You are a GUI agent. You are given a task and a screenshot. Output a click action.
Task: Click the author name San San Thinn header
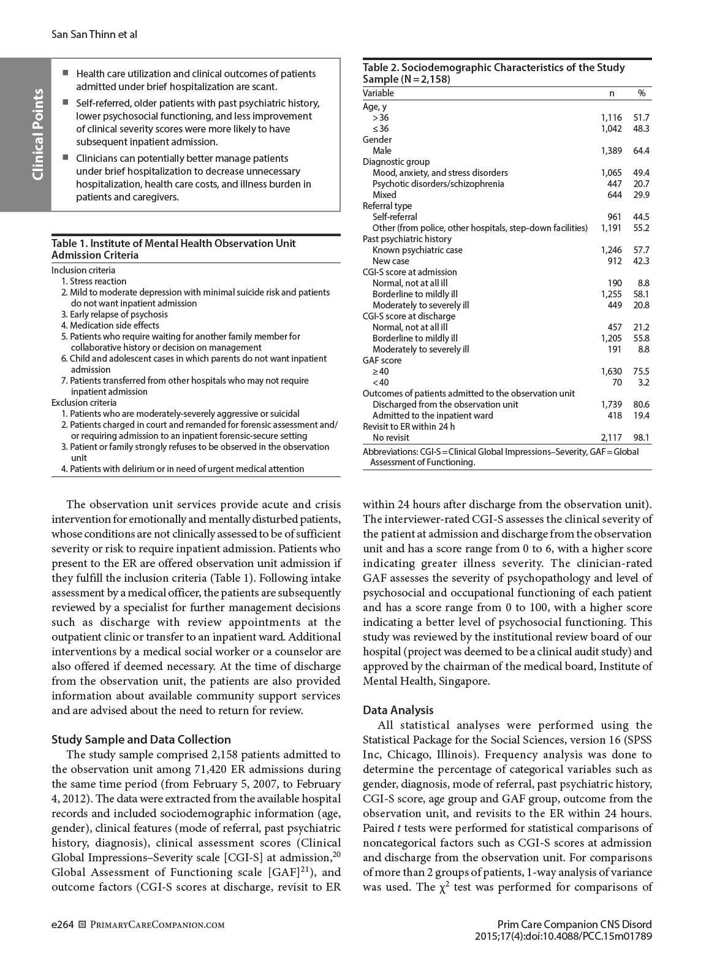(94, 34)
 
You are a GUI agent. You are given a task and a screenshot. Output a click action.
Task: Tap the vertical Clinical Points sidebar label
(37, 134)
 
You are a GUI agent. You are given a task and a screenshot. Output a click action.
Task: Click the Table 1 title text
(173, 249)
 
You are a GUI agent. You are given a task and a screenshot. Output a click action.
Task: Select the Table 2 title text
(493, 73)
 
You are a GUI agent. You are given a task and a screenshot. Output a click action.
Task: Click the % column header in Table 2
(642, 93)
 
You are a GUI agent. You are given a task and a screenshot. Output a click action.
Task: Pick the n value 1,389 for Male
(611, 151)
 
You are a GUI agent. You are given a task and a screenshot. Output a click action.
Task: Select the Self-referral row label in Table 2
(395, 217)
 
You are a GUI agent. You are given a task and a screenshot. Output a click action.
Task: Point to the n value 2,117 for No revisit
(611, 438)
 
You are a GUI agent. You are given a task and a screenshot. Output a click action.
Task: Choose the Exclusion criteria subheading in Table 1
(84, 403)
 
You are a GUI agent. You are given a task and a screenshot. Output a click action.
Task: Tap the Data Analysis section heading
(398, 710)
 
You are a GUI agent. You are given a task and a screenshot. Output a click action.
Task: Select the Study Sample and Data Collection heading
(141, 739)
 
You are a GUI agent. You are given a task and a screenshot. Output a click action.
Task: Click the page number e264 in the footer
(63, 924)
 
